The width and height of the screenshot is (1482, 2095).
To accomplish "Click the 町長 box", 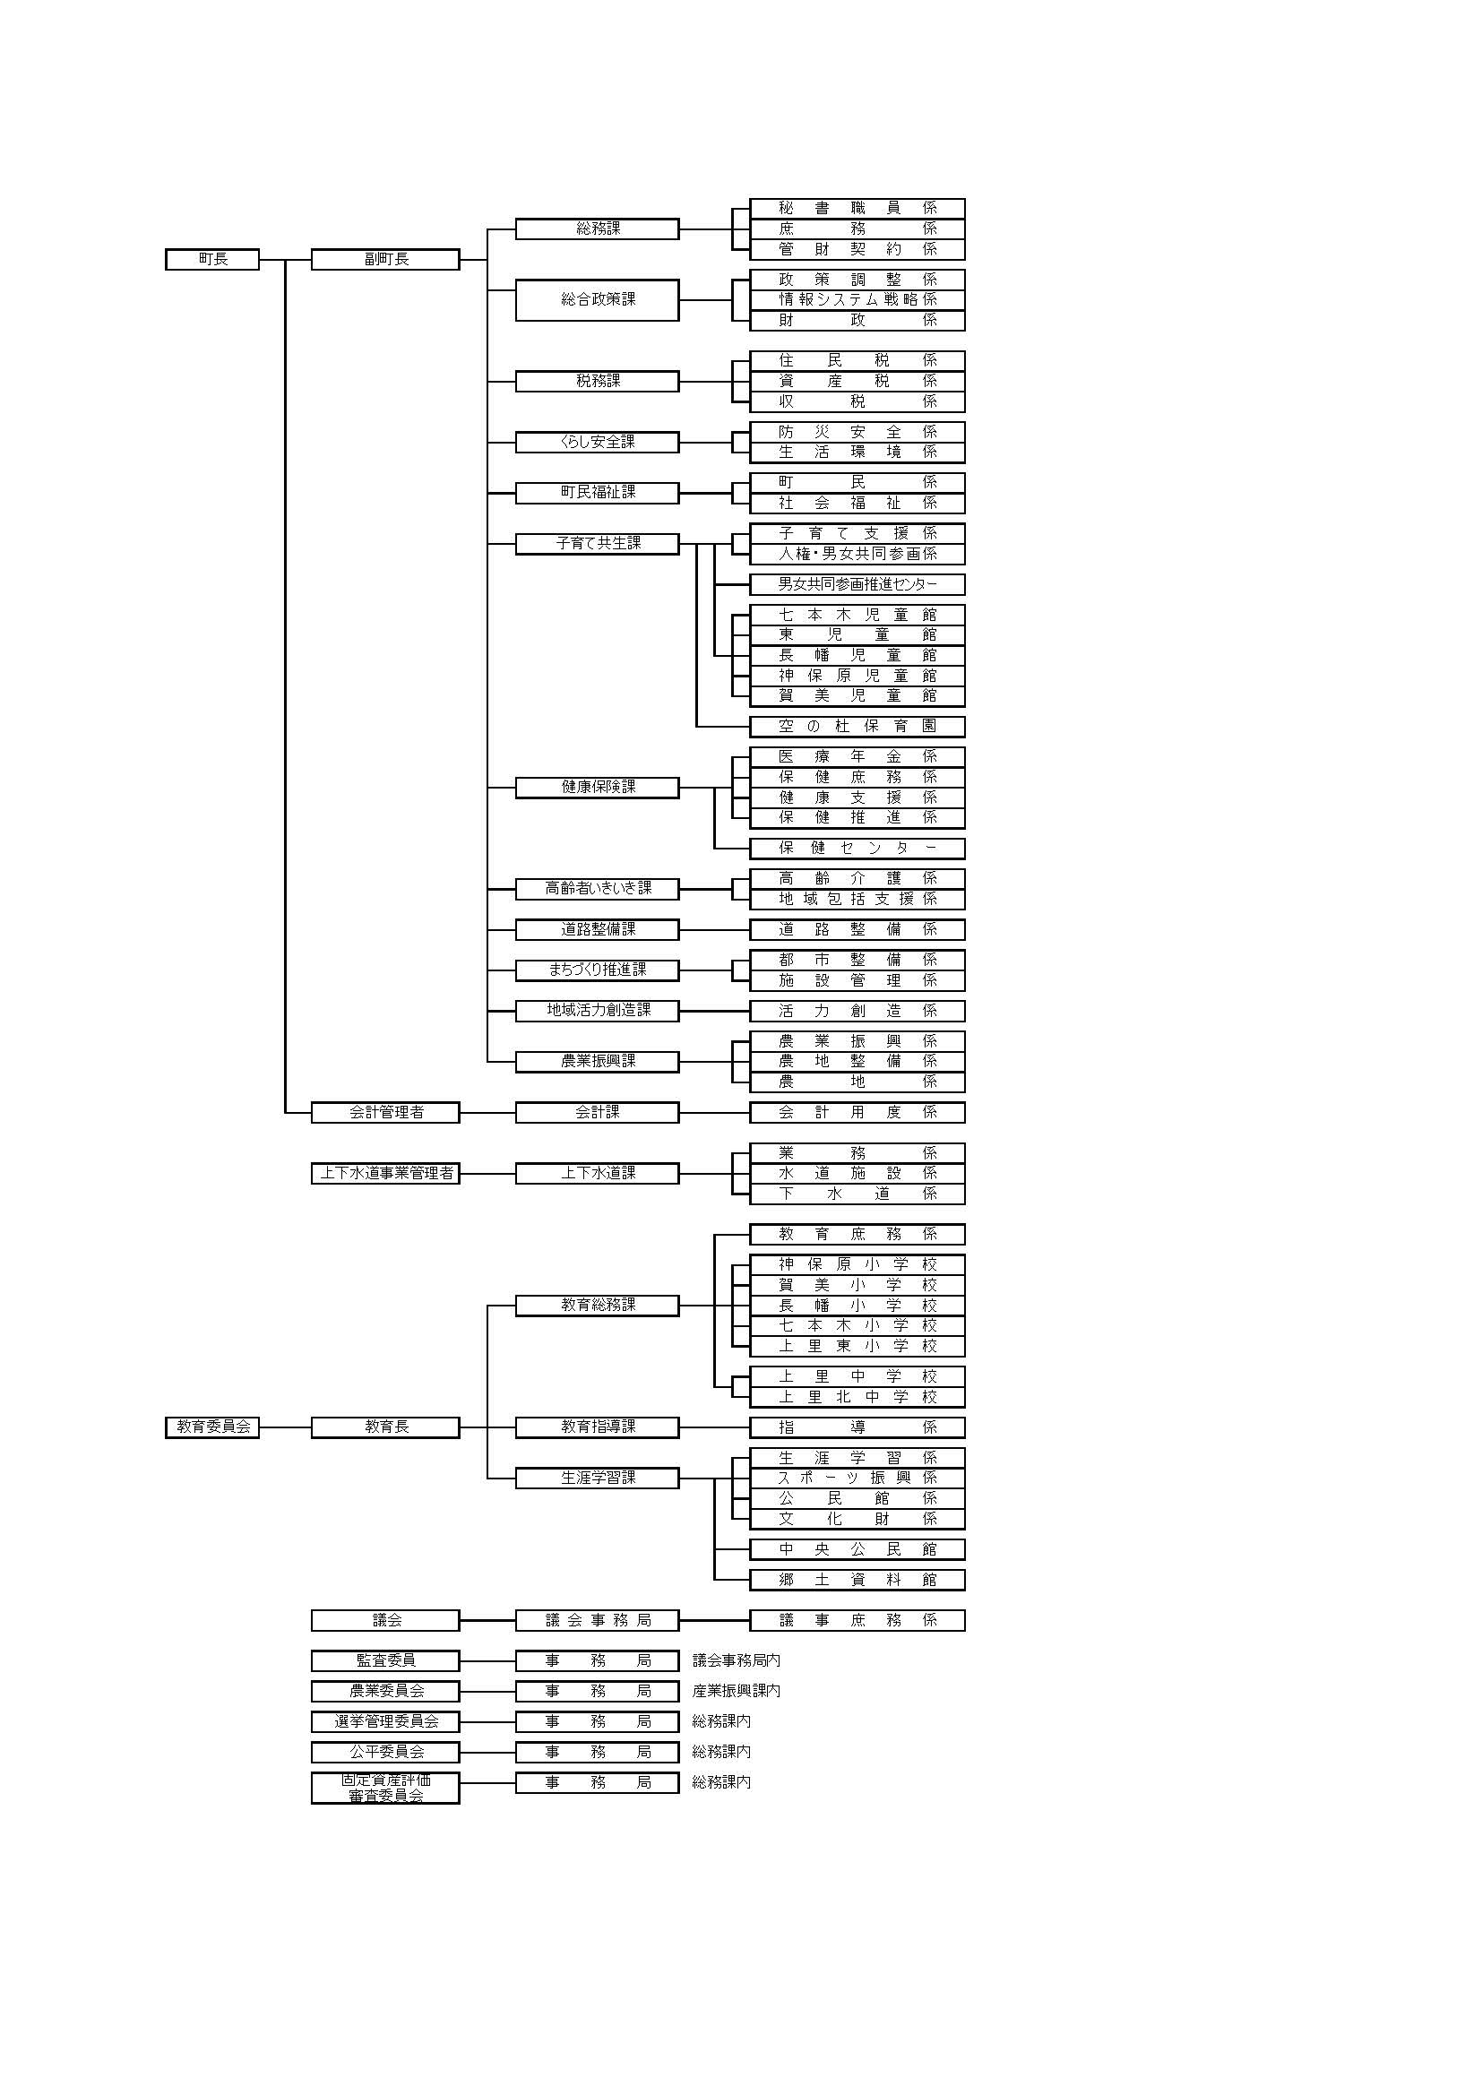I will tap(211, 259).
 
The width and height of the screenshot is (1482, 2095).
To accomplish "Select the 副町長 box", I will tap(385, 259).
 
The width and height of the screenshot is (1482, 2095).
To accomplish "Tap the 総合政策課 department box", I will tap(597, 299).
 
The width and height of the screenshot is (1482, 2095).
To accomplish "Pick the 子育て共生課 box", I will tap(597, 544).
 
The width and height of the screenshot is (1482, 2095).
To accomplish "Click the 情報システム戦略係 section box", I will tap(857, 299).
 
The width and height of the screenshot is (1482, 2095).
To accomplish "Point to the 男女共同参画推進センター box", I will tap(857, 584).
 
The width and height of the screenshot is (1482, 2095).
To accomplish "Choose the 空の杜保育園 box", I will tap(857, 727).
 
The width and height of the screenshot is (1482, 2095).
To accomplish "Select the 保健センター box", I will tap(857, 848).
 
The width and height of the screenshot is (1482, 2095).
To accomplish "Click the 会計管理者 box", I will tap(385, 1112).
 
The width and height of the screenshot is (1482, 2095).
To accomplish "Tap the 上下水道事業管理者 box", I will tap(385, 1174).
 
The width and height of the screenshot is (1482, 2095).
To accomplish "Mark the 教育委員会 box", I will tap(211, 1427).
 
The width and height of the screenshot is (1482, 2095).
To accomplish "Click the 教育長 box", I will tap(385, 1427).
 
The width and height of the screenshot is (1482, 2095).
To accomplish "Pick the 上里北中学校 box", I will tap(857, 1397).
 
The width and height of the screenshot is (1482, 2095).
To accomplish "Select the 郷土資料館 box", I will tap(857, 1580).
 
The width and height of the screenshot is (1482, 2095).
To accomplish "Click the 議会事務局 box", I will tap(597, 1620).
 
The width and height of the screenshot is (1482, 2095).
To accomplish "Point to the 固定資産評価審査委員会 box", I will tap(385, 1788).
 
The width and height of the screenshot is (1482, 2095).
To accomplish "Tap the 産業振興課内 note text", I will tap(736, 1691).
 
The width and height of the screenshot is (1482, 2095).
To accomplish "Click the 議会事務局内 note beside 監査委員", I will tap(736, 1660).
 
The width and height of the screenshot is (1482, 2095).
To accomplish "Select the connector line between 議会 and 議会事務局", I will tap(487, 1620).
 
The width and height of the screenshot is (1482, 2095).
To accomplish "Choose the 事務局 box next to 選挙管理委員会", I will tap(597, 1722).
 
